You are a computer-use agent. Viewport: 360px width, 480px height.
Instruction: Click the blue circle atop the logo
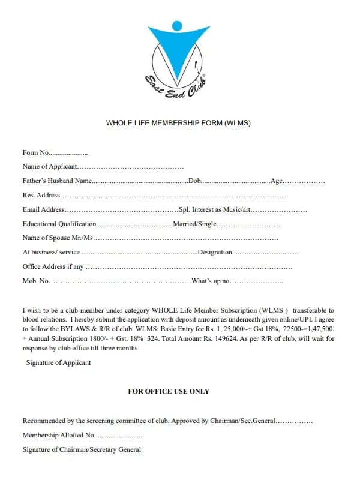pyautogui.click(x=176, y=26)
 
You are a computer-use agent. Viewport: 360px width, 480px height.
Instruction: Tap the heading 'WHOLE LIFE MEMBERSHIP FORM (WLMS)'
pyautogui.click(x=178, y=123)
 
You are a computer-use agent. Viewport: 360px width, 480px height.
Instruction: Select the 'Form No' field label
pyautogui.click(x=36, y=152)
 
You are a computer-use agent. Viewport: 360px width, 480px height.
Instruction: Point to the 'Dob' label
pyautogui.click(x=194, y=181)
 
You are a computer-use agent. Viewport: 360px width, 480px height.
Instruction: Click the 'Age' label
pyautogui.click(x=277, y=181)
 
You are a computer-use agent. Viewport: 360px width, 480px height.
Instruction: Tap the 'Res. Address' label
pyautogui.click(x=41, y=195)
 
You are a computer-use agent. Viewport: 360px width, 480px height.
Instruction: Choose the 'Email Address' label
pyautogui.click(x=43, y=209)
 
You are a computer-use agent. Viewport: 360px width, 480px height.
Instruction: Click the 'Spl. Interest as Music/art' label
pyautogui.click(x=215, y=209)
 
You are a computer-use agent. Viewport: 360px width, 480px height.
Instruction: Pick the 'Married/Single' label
pyautogui.click(x=194, y=224)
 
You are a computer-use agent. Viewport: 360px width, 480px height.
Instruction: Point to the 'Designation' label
pyautogui.click(x=215, y=253)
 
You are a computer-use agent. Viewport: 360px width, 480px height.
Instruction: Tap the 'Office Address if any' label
pyautogui.click(x=53, y=266)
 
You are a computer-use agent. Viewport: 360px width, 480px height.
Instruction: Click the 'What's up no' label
pyautogui.click(x=211, y=281)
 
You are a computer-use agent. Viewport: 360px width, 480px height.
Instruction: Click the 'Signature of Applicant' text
pyautogui.click(x=58, y=362)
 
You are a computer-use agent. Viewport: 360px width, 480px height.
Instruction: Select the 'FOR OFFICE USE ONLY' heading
pyautogui.click(x=169, y=391)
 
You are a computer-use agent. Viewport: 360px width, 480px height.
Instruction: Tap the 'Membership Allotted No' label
pyautogui.click(x=58, y=435)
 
